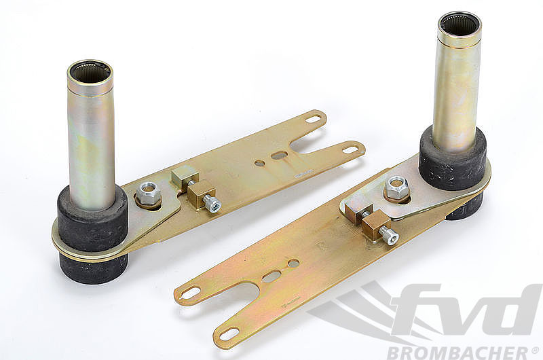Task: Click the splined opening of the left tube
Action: (x=90, y=71)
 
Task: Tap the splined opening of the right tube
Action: (x=460, y=23)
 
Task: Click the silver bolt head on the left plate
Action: (x=213, y=204)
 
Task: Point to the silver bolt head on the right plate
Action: (x=390, y=236)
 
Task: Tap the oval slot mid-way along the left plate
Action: (x=279, y=156)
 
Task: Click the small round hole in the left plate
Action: (x=260, y=163)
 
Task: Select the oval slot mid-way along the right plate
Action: (x=271, y=276)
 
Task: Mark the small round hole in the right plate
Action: (x=293, y=263)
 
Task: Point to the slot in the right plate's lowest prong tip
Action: (x=229, y=334)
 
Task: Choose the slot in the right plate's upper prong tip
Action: (x=191, y=293)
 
